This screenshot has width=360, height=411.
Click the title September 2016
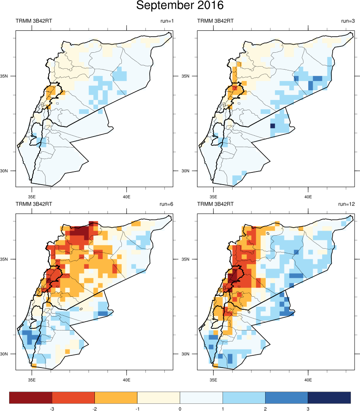click(x=180, y=6)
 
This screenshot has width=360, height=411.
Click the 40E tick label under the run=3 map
click(x=308, y=196)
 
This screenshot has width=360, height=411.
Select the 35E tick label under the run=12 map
click(x=213, y=379)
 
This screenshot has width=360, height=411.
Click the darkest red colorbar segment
click(x=31, y=397)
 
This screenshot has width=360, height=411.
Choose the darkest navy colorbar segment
click(x=329, y=397)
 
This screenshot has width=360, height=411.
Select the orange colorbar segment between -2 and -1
click(x=116, y=397)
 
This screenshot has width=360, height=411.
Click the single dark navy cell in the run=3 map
click(x=272, y=126)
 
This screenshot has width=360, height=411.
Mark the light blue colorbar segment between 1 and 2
click(x=244, y=397)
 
